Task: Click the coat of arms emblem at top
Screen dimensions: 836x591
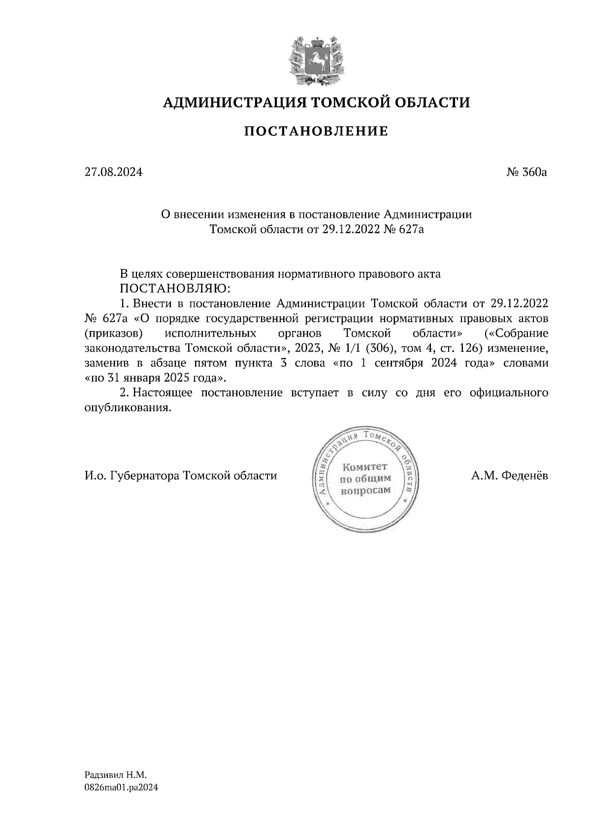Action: coord(315,60)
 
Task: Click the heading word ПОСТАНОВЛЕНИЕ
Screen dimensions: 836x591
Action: coord(316,131)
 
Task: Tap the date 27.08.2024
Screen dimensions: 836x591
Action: coord(113,173)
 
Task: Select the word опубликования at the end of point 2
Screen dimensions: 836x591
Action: coord(127,408)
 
